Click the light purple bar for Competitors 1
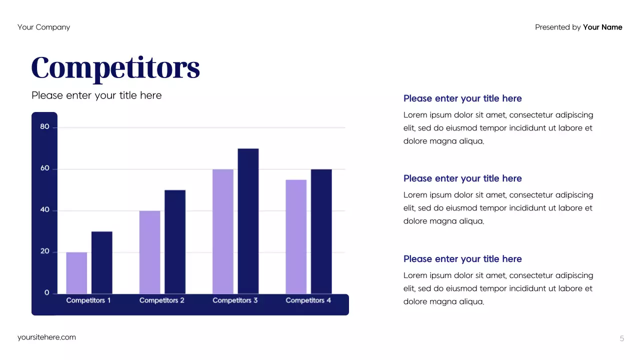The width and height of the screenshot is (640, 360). tap(76, 272)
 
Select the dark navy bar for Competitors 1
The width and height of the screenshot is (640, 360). tap(101, 262)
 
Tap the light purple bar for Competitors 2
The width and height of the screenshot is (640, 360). tap(149, 252)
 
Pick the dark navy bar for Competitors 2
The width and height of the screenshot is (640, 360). tap(175, 241)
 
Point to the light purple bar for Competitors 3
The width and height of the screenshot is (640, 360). tap(222, 231)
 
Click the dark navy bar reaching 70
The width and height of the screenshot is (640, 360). tap(248, 221)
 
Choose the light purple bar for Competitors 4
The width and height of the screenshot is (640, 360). tap(296, 236)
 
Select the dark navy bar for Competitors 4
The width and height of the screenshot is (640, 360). tap(321, 231)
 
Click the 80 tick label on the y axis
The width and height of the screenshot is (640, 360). tap(45, 127)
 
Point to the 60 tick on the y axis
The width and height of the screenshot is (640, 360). tap(45, 168)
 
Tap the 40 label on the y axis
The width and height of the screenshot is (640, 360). tap(45, 210)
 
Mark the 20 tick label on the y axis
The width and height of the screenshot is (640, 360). tap(45, 251)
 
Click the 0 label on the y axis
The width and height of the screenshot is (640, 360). tap(47, 293)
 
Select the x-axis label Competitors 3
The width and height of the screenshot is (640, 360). tap(235, 300)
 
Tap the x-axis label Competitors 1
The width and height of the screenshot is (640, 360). tap(88, 300)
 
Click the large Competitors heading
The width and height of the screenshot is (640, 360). tap(115, 68)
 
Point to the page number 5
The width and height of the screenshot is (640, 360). tap(622, 338)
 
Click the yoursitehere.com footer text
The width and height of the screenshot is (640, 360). tap(46, 337)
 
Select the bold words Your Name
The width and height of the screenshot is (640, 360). tap(602, 27)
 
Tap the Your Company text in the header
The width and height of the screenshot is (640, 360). tap(43, 27)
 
